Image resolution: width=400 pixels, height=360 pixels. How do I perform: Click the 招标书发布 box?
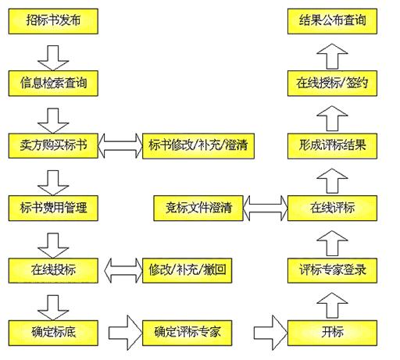(53, 21)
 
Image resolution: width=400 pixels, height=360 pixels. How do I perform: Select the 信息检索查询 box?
(53, 84)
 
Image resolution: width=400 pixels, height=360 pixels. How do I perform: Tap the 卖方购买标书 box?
(53, 146)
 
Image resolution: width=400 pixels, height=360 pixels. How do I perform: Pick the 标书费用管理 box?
(53, 209)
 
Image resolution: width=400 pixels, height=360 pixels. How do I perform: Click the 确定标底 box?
(53, 333)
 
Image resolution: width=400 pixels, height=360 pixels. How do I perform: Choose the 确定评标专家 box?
(187, 333)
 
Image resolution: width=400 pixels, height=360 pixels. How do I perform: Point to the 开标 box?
(332, 333)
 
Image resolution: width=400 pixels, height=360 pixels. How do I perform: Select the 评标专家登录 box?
(332, 270)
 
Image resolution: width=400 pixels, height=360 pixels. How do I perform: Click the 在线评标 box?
(332, 209)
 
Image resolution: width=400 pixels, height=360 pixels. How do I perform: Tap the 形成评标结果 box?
(332, 146)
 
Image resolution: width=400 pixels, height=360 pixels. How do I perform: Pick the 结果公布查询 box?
(332, 21)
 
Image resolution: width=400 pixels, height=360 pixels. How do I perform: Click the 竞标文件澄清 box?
(198, 209)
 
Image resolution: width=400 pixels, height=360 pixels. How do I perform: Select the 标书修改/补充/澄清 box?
(198, 146)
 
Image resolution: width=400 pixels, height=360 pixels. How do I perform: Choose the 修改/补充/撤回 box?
(187, 270)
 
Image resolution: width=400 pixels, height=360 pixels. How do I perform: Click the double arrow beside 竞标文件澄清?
(266, 209)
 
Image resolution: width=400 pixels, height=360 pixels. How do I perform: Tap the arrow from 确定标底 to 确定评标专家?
(126, 333)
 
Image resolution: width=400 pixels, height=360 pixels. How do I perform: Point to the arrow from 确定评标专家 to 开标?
(271, 333)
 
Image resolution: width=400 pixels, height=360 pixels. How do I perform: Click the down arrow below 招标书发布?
(53, 58)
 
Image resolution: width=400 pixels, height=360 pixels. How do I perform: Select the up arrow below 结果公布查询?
(332, 56)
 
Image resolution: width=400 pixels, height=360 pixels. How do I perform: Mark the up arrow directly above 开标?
(332, 305)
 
